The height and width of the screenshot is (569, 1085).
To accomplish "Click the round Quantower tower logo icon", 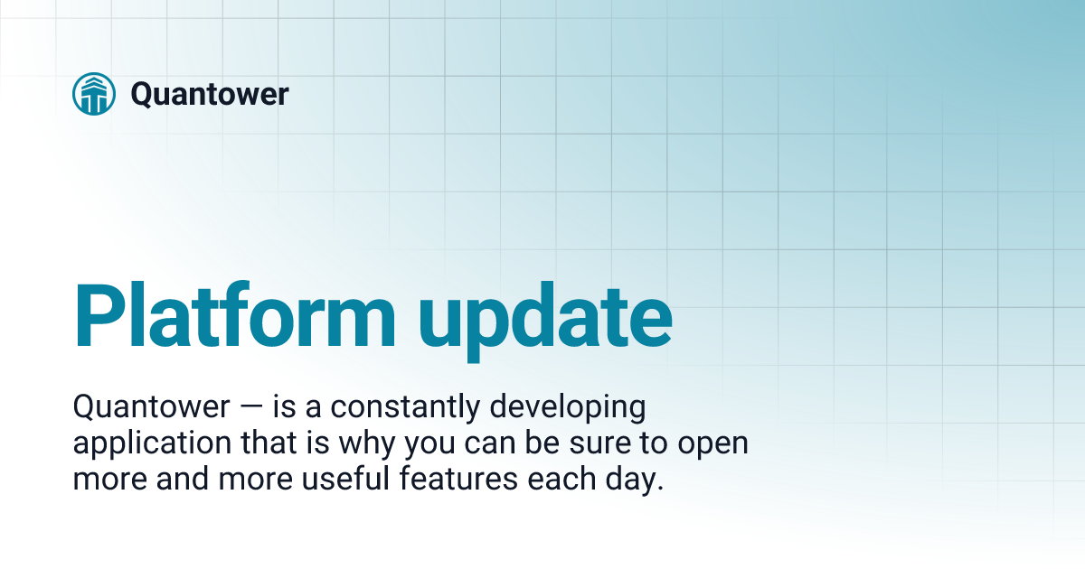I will (x=94, y=94).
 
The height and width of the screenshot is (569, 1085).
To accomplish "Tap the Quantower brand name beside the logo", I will (x=209, y=94).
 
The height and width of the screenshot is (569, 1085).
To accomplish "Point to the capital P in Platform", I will (x=99, y=316).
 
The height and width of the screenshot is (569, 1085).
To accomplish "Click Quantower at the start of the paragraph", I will (x=151, y=408).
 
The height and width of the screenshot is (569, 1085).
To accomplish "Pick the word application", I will (x=141, y=445).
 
